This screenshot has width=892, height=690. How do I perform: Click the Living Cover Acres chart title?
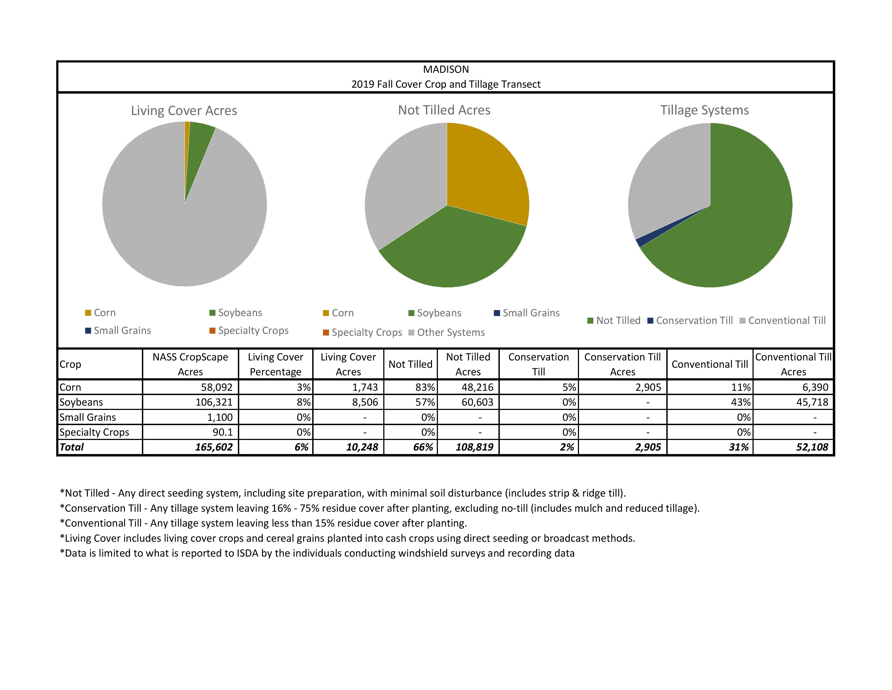(x=184, y=111)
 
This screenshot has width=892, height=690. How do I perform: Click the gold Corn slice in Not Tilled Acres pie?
(x=486, y=172)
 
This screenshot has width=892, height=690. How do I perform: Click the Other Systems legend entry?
(x=451, y=333)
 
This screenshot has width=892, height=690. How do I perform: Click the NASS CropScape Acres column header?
(x=190, y=364)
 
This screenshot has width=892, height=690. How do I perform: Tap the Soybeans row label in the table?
(x=81, y=402)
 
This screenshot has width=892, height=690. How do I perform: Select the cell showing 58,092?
(x=217, y=387)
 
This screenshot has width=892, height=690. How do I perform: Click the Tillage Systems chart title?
(x=704, y=110)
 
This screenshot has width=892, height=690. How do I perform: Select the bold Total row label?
(x=72, y=447)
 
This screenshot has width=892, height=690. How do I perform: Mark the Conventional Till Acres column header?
(x=793, y=364)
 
